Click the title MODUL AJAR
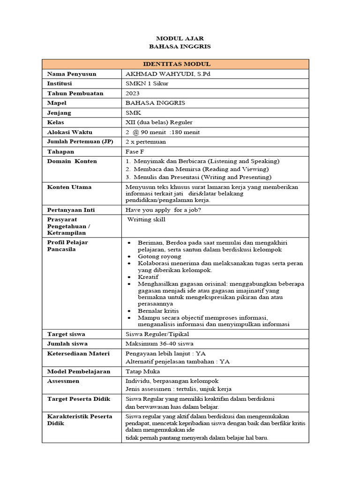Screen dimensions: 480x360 pyautogui.click(x=180, y=38)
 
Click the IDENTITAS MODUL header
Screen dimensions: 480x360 pyautogui.click(x=176, y=64)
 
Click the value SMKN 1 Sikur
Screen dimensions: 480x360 pyautogui.click(x=147, y=83)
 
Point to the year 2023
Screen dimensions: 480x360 pyautogui.click(x=133, y=93)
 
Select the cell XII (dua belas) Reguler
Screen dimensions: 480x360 pyautogui.click(x=159, y=122)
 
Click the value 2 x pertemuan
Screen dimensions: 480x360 pyautogui.click(x=146, y=142)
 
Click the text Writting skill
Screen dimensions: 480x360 pyautogui.click(x=146, y=219)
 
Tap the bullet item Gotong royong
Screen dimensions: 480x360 pyautogui.click(x=159, y=256)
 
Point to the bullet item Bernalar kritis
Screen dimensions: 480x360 pyautogui.click(x=158, y=311)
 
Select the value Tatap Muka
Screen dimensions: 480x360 pyautogui.click(x=143, y=371)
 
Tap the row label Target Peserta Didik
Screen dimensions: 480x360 pyautogui.click(x=79, y=399)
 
